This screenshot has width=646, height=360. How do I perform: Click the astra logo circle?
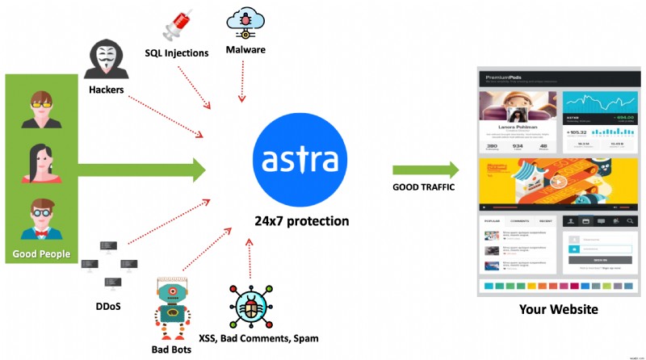click(x=300, y=161)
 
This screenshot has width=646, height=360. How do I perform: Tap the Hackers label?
click(x=107, y=90)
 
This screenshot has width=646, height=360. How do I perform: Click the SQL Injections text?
click(x=177, y=53)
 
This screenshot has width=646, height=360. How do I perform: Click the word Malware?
click(x=245, y=50)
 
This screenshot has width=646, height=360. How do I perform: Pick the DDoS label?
click(x=109, y=306)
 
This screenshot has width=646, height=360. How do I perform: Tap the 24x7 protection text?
click(x=301, y=221)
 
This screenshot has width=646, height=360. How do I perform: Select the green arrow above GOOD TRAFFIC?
click(x=426, y=170)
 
